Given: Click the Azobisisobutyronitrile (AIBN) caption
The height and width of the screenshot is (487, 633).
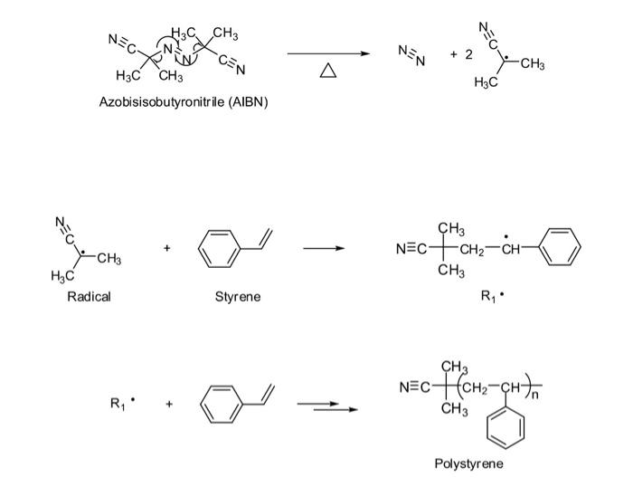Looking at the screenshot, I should point(183,102).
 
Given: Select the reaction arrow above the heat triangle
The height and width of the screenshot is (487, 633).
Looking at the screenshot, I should point(328,53).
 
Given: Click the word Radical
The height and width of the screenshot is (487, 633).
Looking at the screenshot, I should point(89,297).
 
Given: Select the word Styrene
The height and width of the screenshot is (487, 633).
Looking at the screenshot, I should point(238,297).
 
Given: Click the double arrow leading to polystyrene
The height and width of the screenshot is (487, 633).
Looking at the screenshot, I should point(326,406).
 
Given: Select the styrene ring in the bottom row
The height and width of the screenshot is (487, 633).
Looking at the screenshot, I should point(221,403).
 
